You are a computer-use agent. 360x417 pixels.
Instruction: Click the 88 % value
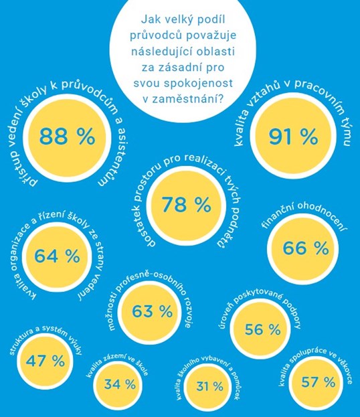tap(67, 136)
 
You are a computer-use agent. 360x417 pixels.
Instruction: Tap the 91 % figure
tap(293, 137)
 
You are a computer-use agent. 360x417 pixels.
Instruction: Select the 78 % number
tap(186, 205)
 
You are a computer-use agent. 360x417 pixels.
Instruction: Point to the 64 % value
tap(57, 256)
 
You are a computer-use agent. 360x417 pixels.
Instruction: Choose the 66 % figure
tap(305, 248)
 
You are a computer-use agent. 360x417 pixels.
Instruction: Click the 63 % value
tap(152, 311)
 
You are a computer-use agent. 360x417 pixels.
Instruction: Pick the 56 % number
tap(262, 329)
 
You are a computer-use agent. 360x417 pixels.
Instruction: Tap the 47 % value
tap(46, 361)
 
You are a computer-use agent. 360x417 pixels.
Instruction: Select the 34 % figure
tap(120, 384)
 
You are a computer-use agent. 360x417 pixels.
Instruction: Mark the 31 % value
tap(209, 386)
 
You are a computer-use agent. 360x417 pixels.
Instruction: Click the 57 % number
tap(318, 382)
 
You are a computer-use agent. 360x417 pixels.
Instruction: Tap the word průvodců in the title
tap(156, 35)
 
